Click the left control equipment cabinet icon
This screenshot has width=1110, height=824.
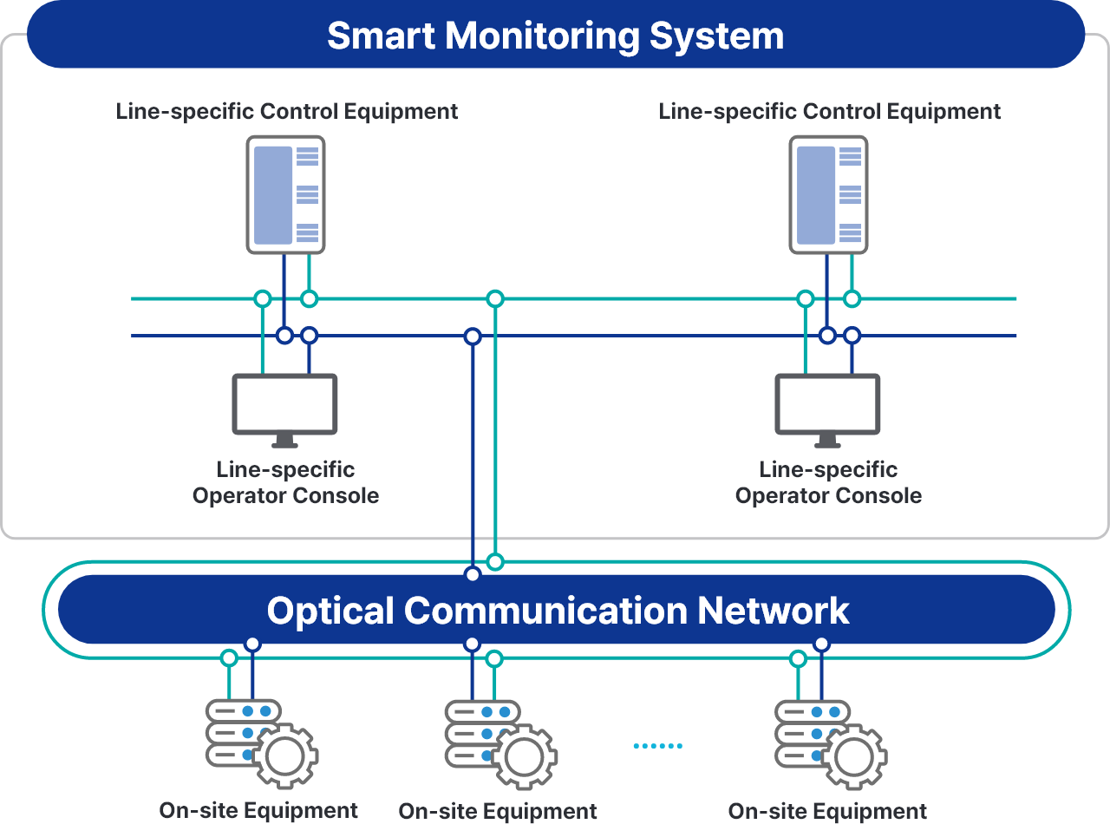tap(285, 194)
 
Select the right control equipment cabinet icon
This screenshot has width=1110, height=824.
tap(828, 194)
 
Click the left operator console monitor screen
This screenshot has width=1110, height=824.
tap(284, 403)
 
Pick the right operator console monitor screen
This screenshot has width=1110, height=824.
tap(827, 403)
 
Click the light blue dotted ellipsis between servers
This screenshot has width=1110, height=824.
tap(657, 746)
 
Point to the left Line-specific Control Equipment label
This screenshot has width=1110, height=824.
tap(287, 112)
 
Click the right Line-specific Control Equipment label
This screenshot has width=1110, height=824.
tap(830, 112)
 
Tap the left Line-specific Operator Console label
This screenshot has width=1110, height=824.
tap(285, 483)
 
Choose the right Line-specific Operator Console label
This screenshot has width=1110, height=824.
tap(828, 483)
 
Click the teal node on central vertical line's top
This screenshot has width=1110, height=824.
tap(495, 299)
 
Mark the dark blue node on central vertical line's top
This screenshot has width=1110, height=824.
tap(473, 336)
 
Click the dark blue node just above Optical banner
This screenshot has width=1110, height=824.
tap(473, 574)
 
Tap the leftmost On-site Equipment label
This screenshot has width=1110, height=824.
tap(258, 811)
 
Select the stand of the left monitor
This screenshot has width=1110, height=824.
tap(284, 442)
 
